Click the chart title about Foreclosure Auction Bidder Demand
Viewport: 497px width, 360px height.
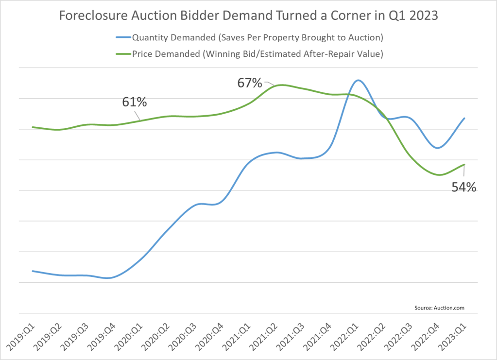pos(248,16)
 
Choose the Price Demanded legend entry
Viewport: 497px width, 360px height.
pos(257,54)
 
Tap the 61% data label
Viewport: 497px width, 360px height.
pos(134,103)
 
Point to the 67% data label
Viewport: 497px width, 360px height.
pos(249,83)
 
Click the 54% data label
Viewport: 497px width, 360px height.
pos(464,188)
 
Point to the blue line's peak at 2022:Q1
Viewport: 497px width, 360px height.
pos(358,80)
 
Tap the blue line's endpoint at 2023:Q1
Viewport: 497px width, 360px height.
pos(465,118)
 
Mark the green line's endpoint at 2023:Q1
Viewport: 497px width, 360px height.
pos(465,164)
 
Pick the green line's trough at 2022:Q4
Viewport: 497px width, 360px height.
pos(439,175)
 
